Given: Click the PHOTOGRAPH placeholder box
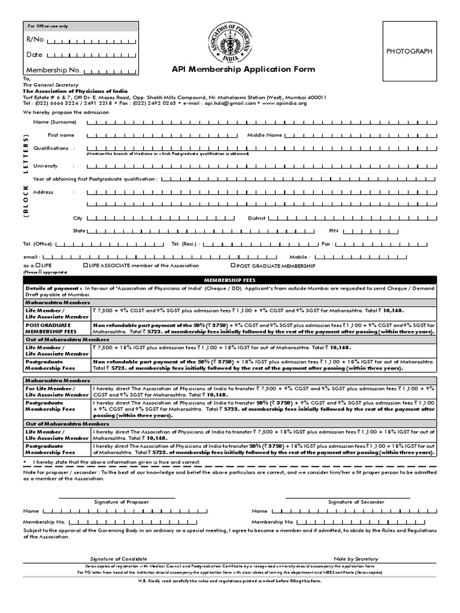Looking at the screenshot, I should click(409, 51).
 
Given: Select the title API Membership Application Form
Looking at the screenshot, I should click(243, 69).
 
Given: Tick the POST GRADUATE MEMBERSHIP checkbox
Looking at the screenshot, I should click(233, 265).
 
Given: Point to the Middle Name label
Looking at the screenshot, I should click(264, 135).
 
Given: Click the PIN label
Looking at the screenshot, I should click(334, 230).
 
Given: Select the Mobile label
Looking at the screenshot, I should click(332, 256).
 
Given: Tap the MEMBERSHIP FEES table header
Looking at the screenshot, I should click(230, 280).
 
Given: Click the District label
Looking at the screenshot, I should click(256, 219).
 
